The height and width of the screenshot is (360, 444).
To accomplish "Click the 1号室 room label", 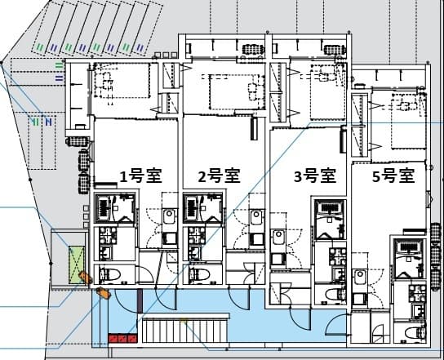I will click(136, 176).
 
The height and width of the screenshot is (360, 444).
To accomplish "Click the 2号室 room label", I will click(219, 176).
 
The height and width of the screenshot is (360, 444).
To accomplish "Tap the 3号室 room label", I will click(315, 176).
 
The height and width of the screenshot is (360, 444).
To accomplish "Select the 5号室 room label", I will click(393, 176).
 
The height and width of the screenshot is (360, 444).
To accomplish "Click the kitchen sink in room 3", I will click(277, 238).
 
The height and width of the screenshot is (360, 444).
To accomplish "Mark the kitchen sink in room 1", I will click(169, 219).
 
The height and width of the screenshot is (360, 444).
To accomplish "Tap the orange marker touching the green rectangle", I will click(82, 277).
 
